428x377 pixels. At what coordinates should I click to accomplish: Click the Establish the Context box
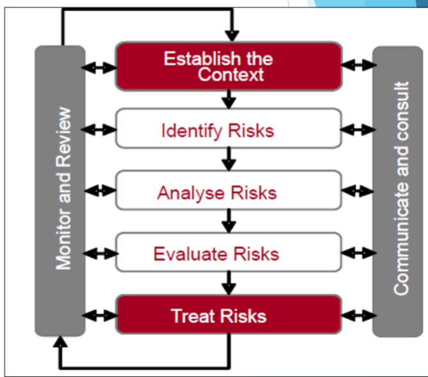229,66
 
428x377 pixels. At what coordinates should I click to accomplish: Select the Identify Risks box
229,128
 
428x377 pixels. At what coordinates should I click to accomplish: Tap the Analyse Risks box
229,190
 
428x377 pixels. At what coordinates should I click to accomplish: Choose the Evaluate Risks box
229,252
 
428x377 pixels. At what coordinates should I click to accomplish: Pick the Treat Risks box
229,314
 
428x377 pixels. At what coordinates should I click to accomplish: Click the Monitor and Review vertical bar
60,191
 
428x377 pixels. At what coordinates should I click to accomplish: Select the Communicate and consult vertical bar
398,191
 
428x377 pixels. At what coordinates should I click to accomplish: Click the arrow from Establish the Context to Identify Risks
229,100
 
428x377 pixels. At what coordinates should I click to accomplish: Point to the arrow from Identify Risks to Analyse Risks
229,159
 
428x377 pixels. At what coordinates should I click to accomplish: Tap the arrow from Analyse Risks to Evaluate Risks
229,221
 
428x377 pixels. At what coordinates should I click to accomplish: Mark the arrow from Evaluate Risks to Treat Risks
229,283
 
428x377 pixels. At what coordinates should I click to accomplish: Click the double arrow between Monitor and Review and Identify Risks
99,129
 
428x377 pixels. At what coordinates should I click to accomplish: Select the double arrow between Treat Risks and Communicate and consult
358,316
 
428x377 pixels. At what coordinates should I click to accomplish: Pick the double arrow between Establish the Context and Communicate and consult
358,65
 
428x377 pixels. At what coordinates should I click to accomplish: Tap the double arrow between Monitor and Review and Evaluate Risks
100,253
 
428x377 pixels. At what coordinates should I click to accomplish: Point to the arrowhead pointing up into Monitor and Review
60,342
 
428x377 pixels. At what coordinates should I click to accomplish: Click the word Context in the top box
231,74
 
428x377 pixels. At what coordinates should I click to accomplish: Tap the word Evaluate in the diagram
190,254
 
